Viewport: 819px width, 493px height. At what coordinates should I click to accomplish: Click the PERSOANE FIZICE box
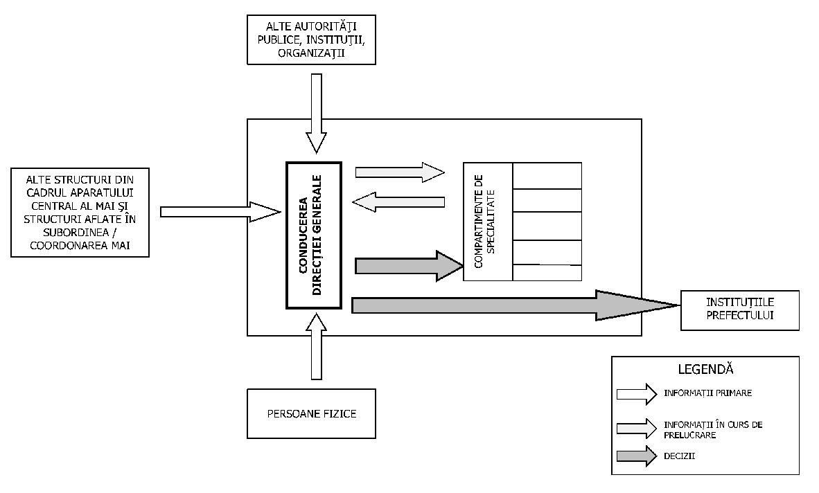[x=311, y=414]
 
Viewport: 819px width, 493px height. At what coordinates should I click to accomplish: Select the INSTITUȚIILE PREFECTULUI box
[x=740, y=310]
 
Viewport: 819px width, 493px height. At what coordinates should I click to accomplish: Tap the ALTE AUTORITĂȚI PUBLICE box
[x=311, y=39]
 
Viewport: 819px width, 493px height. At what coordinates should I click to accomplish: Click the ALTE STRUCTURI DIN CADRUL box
[x=80, y=211]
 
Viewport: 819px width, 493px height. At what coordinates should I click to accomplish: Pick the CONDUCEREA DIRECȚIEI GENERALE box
[x=314, y=235]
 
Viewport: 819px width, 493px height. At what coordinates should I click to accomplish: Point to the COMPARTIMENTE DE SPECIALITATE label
[x=488, y=222]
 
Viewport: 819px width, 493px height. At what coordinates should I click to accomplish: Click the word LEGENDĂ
[x=705, y=370]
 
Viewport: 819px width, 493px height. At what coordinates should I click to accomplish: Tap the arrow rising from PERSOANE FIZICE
[x=316, y=346]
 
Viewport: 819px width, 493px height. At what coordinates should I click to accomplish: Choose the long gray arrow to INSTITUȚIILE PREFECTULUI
[x=513, y=305]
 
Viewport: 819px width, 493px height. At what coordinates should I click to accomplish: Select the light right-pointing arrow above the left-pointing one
[x=399, y=172]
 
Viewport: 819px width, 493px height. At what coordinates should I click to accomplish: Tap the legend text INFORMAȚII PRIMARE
[x=707, y=393]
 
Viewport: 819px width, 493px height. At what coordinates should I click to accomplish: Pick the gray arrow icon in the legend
[x=636, y=456]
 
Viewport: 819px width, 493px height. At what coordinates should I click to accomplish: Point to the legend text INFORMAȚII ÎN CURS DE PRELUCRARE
[x=712, y=429]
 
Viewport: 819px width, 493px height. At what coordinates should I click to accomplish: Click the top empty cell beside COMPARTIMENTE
[x=547, y=175]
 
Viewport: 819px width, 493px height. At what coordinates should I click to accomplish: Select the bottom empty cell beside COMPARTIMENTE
[x=547, y=273]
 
